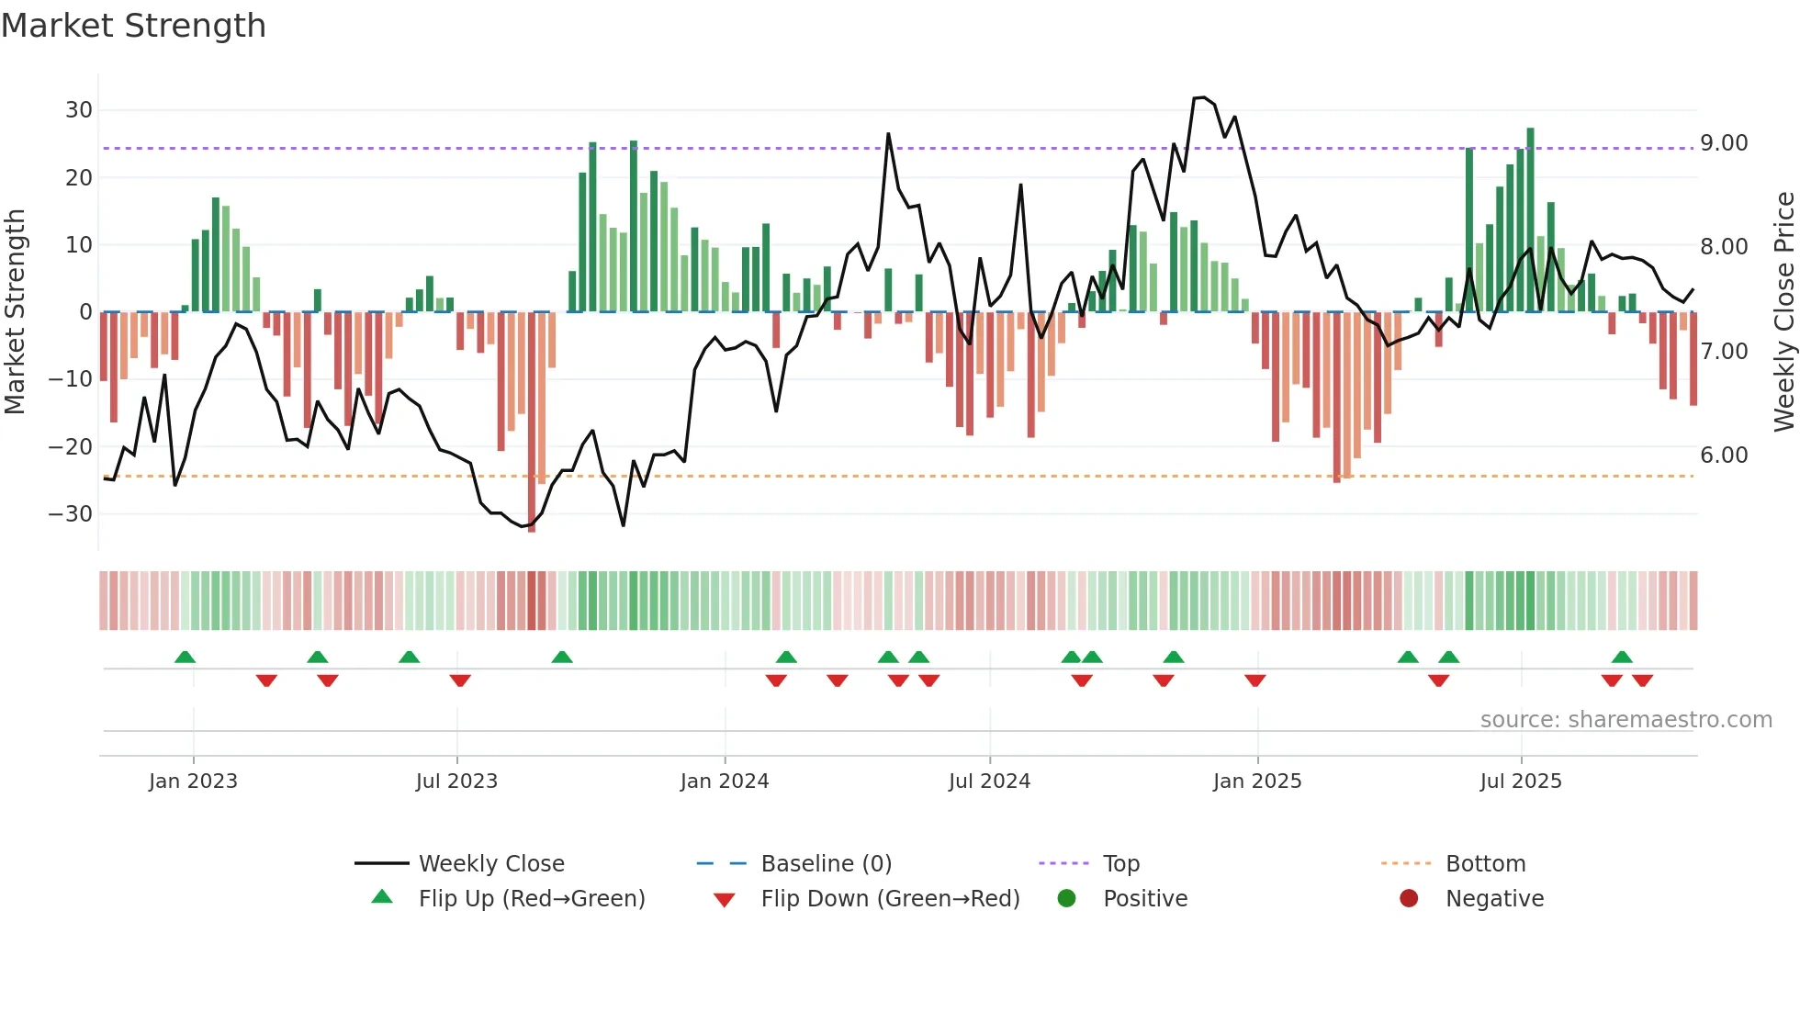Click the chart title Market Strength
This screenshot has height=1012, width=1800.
pos(133,26)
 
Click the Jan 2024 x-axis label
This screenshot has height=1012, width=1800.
pos(724,781)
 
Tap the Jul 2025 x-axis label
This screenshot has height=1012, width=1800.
pos(1520,781)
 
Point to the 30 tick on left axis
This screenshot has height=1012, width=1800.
pos(79,110)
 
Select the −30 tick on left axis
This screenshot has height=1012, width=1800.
pos(71,514)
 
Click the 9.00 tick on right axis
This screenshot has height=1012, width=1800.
pos(1724,143)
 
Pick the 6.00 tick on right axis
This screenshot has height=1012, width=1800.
pos(1724,455)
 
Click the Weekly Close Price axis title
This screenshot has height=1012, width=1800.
pos(1783,312)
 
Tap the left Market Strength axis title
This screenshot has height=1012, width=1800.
pos(15,312)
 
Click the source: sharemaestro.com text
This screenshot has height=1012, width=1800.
pos(1626,720)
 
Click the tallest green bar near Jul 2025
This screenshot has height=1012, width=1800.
pos(1530,220)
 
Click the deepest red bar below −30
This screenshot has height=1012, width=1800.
pos(532,422)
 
